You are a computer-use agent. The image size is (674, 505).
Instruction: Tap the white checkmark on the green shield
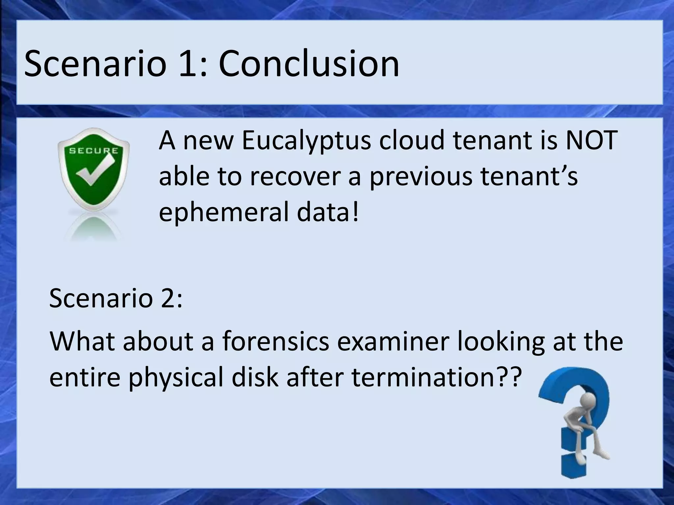[94, 171]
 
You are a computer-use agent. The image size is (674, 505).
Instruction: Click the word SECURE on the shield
[93, 151]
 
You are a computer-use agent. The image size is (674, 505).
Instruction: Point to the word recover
[295, 177]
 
